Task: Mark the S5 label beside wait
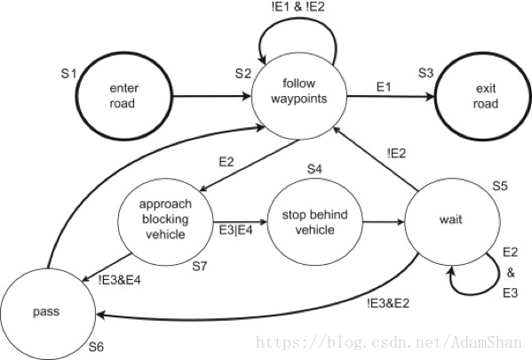(501, 186)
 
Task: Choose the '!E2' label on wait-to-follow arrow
(396, 153)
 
